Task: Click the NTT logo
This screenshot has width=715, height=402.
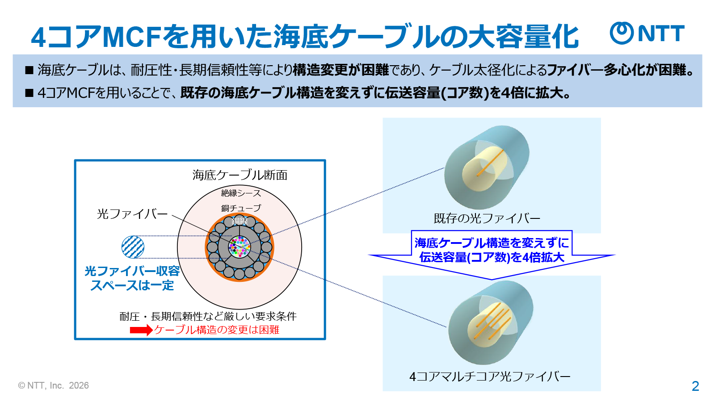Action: click(x=647, y=33)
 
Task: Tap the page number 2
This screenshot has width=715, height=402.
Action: click(x=695, y=386)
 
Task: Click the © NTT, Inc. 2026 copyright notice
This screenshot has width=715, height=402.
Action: click(x=54, y=385)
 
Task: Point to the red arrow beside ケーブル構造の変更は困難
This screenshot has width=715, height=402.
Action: click(x=141, y=330)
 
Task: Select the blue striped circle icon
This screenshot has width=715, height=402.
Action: click(x=133, y=247)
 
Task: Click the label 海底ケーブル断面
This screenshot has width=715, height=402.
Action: click(x=240, y=175)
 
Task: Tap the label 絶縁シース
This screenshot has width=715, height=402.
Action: click(x=241, y=193)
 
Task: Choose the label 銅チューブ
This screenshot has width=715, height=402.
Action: click(x=241, y=208)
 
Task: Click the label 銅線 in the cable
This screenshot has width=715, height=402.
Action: click(x=240, y=221)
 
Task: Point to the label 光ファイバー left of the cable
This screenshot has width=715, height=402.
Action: click(x=132, y=214)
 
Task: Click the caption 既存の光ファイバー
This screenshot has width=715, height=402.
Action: click(x=487, y=218)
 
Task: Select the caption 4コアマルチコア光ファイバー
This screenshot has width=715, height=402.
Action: click(x=490, y=377)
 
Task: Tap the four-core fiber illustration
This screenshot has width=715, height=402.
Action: click(x=491, y=323)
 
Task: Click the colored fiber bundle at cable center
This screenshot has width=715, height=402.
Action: click(x=240, y=247)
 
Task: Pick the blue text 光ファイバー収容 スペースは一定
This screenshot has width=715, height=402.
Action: click(x=132, y=278)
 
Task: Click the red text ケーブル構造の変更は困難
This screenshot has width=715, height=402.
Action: click(x=217, y=330)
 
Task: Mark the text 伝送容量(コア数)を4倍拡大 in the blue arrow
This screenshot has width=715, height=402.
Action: click(x=492, y=257)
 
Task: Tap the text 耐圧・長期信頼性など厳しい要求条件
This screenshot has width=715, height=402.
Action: click(x=208, y=316)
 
